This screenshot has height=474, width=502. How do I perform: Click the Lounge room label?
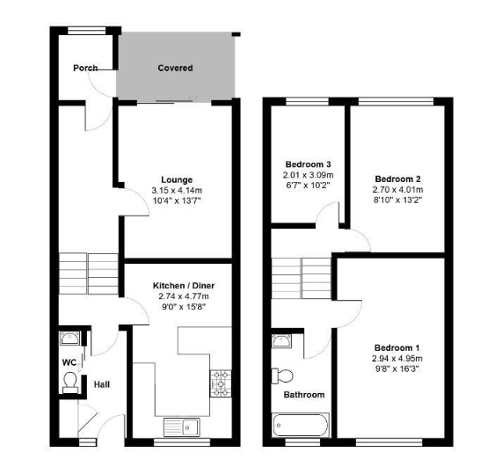point(177,179)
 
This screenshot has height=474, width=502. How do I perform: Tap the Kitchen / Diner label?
point(184,285)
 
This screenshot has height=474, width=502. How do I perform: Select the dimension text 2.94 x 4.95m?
point(397,359)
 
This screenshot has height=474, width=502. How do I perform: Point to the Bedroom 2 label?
point(397,179)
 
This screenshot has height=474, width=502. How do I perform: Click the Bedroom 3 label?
point(308,164)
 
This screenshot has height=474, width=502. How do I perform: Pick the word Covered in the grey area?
point(175,68)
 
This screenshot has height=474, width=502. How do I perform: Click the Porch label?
point(85,68)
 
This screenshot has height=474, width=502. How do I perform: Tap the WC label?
point(69,362)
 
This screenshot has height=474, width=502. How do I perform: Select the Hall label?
point(102,384)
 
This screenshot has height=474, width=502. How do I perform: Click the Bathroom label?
point(304,395)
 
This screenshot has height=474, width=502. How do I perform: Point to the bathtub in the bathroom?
point(301,425)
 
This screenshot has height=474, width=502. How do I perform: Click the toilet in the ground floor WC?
point(70,383)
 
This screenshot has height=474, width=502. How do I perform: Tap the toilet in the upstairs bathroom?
point(282,376)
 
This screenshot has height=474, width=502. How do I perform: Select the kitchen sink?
point(181,427)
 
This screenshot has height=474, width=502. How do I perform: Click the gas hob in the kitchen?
point(221,383)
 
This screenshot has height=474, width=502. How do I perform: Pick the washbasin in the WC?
point(69,339)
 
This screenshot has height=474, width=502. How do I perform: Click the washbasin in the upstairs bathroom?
point(281,341)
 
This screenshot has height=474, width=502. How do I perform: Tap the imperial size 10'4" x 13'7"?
point(177,201)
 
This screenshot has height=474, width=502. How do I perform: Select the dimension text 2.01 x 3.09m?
point(308,175)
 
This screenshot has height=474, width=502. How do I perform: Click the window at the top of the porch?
point(87,31)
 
